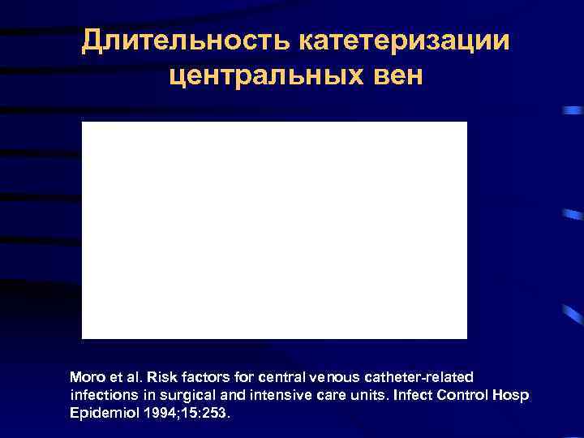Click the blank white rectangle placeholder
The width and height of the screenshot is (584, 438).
pos(274,230)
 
